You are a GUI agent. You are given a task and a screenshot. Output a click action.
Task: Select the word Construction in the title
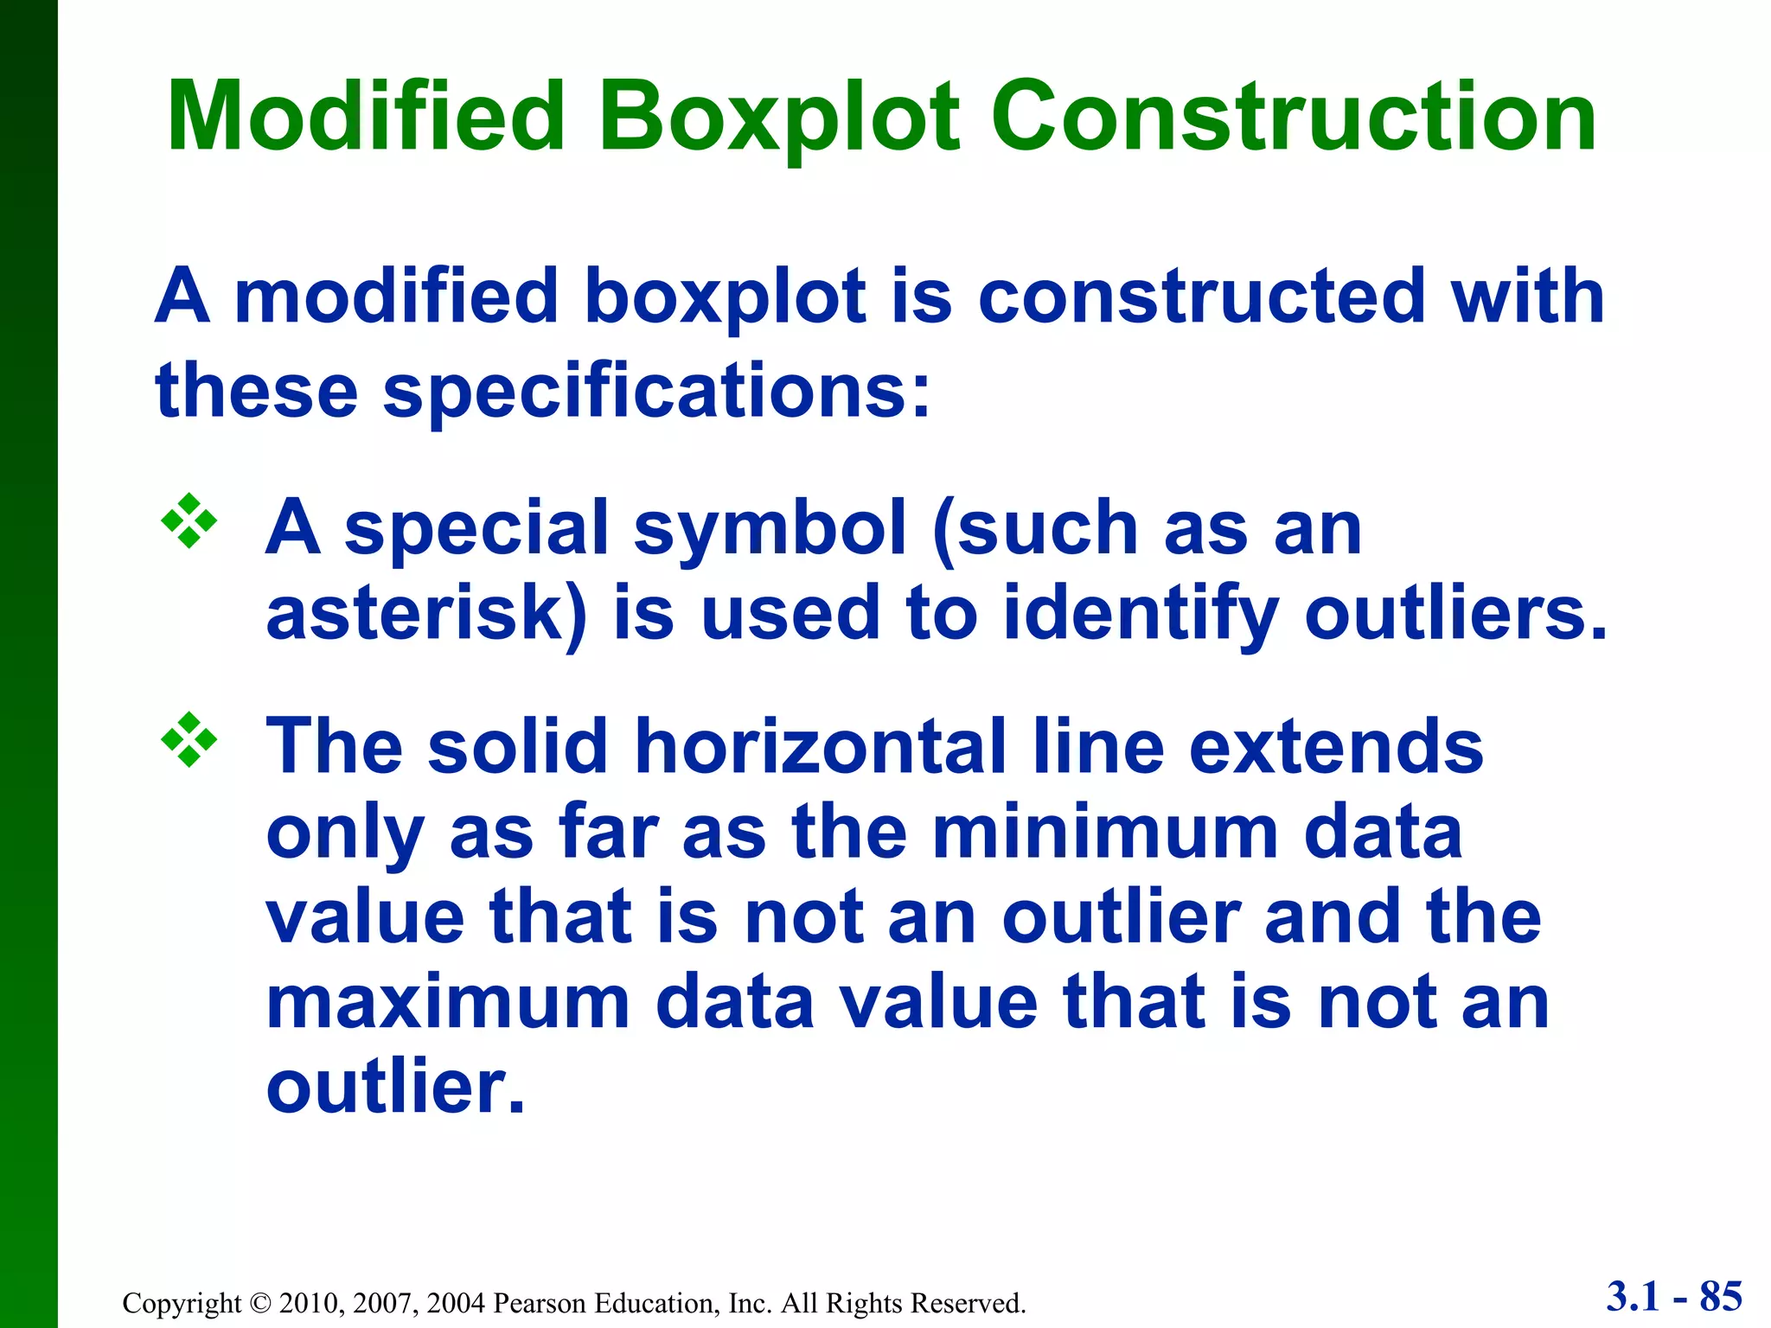click(1293, 117)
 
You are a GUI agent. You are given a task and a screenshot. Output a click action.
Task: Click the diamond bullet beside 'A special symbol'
click(189, 520)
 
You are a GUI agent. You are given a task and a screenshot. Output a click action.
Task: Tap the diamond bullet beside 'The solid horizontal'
click(189, 739)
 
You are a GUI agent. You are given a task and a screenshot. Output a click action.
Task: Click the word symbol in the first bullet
click(770, 528)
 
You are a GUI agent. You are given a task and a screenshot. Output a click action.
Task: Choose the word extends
click(1336, 746)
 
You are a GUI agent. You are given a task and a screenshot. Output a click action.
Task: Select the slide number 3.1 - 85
click(1674, 1297)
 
